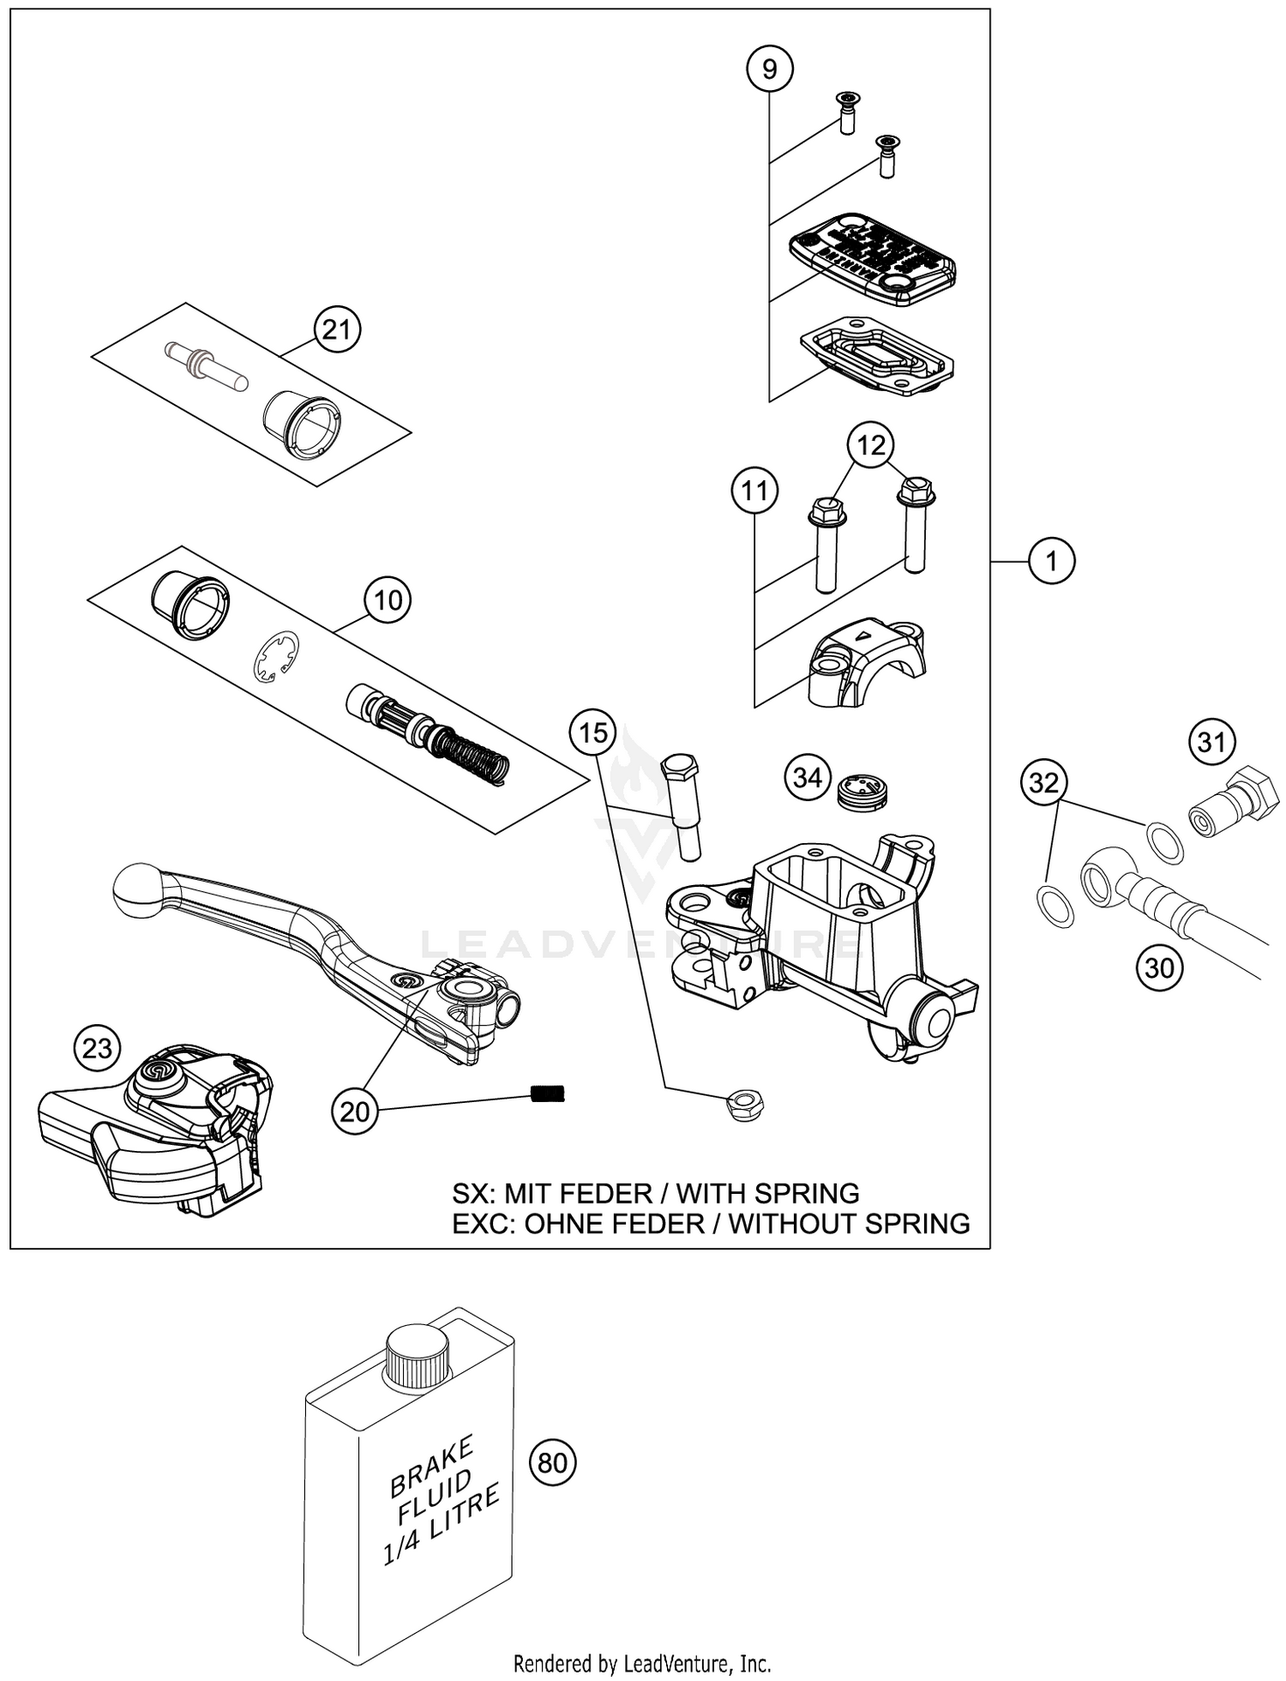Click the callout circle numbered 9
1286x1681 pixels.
769,68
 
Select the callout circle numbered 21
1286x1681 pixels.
336,328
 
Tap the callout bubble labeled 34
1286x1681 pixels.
808,778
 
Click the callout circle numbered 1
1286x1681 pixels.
1051,561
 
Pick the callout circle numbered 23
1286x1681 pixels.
98,1048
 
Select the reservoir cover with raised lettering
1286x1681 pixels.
872,257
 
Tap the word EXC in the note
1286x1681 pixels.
484,1223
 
